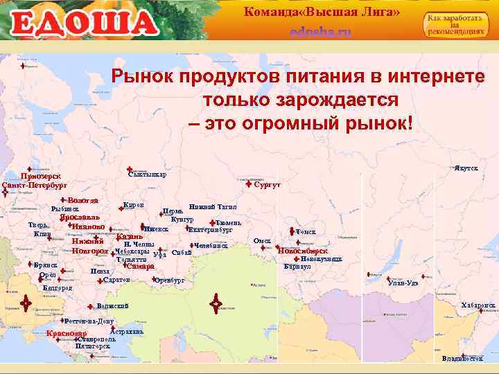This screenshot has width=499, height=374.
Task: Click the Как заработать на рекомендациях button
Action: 455,26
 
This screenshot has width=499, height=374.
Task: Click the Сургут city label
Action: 267,186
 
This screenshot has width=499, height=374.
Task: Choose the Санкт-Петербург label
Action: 35,186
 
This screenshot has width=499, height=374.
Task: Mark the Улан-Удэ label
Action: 403,283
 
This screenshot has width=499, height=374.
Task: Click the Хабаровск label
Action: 478,305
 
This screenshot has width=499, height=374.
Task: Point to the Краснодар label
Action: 66,335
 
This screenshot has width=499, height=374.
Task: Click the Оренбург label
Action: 170,281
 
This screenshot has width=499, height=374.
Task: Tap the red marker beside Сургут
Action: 249,185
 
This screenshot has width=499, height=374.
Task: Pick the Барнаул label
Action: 300,265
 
